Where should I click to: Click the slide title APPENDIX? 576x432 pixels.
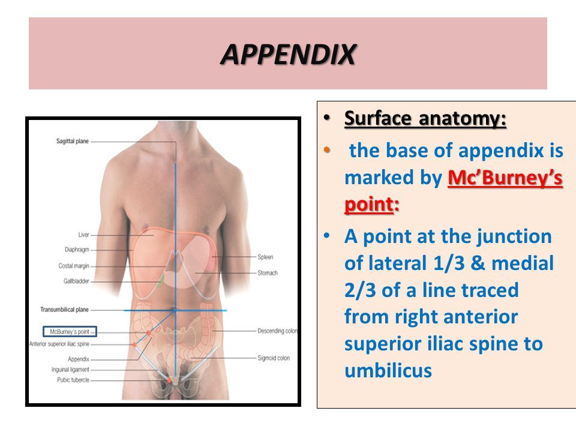[x=287, y=55]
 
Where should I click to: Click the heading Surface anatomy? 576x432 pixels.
[x=425, y=119]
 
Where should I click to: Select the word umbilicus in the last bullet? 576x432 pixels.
[x=388, y=370]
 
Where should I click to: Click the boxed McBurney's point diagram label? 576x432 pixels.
[x=70, y=331]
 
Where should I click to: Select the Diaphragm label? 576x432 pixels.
[x=77, y=249]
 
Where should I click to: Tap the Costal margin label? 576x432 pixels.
[x=74, y=265]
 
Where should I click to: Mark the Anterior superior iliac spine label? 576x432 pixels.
[x=59, y=344]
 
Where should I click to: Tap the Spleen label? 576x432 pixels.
[x=265, y=257]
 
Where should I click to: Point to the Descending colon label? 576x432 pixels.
[x=277, y=331]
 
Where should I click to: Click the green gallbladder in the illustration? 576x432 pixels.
[x=160, y=280]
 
